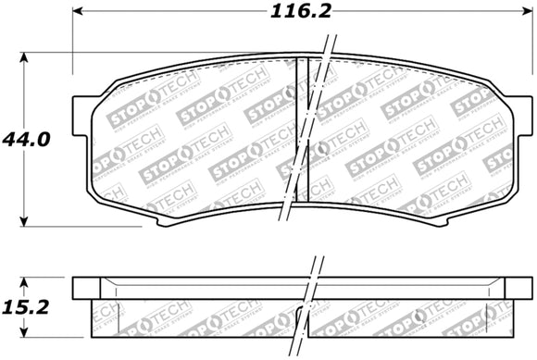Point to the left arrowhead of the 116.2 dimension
[77, 13]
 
